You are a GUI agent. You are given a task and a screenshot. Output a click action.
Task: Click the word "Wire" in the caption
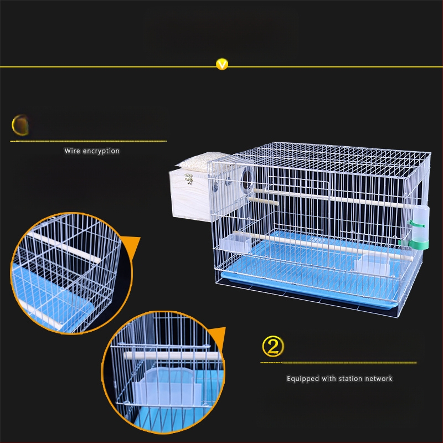click(x=72, y=151)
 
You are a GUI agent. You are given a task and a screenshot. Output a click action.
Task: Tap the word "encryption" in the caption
click(x=101, y=151)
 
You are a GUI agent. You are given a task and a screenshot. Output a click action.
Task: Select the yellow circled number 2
click(x=272, y=346)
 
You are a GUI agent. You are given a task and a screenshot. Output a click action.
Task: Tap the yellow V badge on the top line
click(x=222, y=64)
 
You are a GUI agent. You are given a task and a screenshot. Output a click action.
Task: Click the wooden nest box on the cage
click(x=190, y=195)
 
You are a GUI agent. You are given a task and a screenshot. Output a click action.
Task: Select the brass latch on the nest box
click(x=189, y=179)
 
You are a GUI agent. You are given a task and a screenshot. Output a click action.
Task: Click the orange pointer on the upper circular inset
click(x=131, y=245)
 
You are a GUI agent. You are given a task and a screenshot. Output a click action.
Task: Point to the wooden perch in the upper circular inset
click(x=64, y=248)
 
